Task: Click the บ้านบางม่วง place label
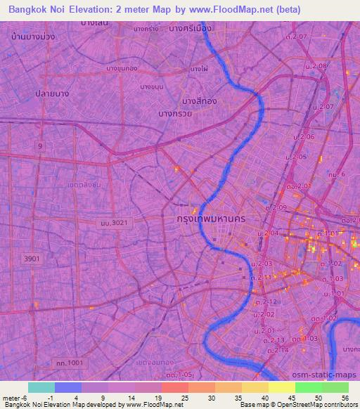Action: [38, 34]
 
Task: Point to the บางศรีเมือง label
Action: [189, 28]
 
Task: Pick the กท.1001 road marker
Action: [68, 363]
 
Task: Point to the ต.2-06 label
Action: [305, 136]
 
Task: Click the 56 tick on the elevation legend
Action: [345, 397]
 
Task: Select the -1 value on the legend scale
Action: [58, 397]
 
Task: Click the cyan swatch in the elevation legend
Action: [41, 387]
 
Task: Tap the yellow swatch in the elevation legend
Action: [281, 387]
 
